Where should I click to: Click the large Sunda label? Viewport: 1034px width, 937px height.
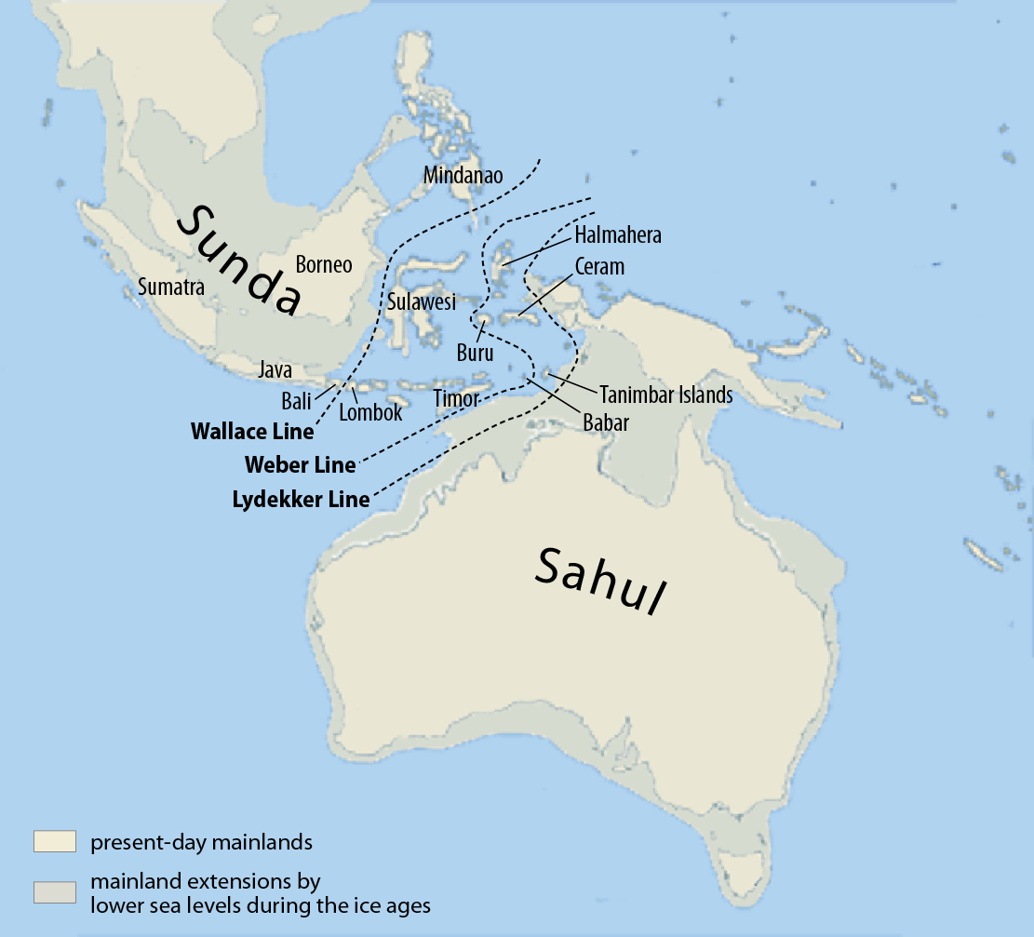(240, 261)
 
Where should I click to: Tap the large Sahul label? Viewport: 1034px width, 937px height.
(603, 580)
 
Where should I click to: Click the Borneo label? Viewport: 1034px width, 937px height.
(324, 265)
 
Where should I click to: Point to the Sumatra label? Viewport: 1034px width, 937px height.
(170, 287)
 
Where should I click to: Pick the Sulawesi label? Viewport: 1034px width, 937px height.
(421, 302)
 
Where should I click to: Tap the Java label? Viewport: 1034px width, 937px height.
(275, 370)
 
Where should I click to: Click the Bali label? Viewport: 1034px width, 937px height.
(296, 402)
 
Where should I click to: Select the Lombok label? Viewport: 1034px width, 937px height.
(370, 412)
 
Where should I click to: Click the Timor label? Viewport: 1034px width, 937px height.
(456, 399)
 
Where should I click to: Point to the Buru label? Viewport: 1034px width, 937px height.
(475, 353)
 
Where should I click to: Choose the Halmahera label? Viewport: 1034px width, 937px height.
(618, 235)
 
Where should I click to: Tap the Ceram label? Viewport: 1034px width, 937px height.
(599, 267)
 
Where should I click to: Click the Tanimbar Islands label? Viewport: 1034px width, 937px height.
(665, 395)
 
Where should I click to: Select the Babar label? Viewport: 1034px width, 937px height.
(606, 423)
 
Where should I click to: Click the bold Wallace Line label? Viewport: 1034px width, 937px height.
(252, 432)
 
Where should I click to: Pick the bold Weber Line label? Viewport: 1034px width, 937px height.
(300, 464)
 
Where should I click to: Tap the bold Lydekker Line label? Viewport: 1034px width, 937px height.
(300, 500)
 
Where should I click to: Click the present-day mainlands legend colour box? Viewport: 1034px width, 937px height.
(54, 842)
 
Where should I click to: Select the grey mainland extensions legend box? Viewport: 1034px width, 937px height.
(54, 891)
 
